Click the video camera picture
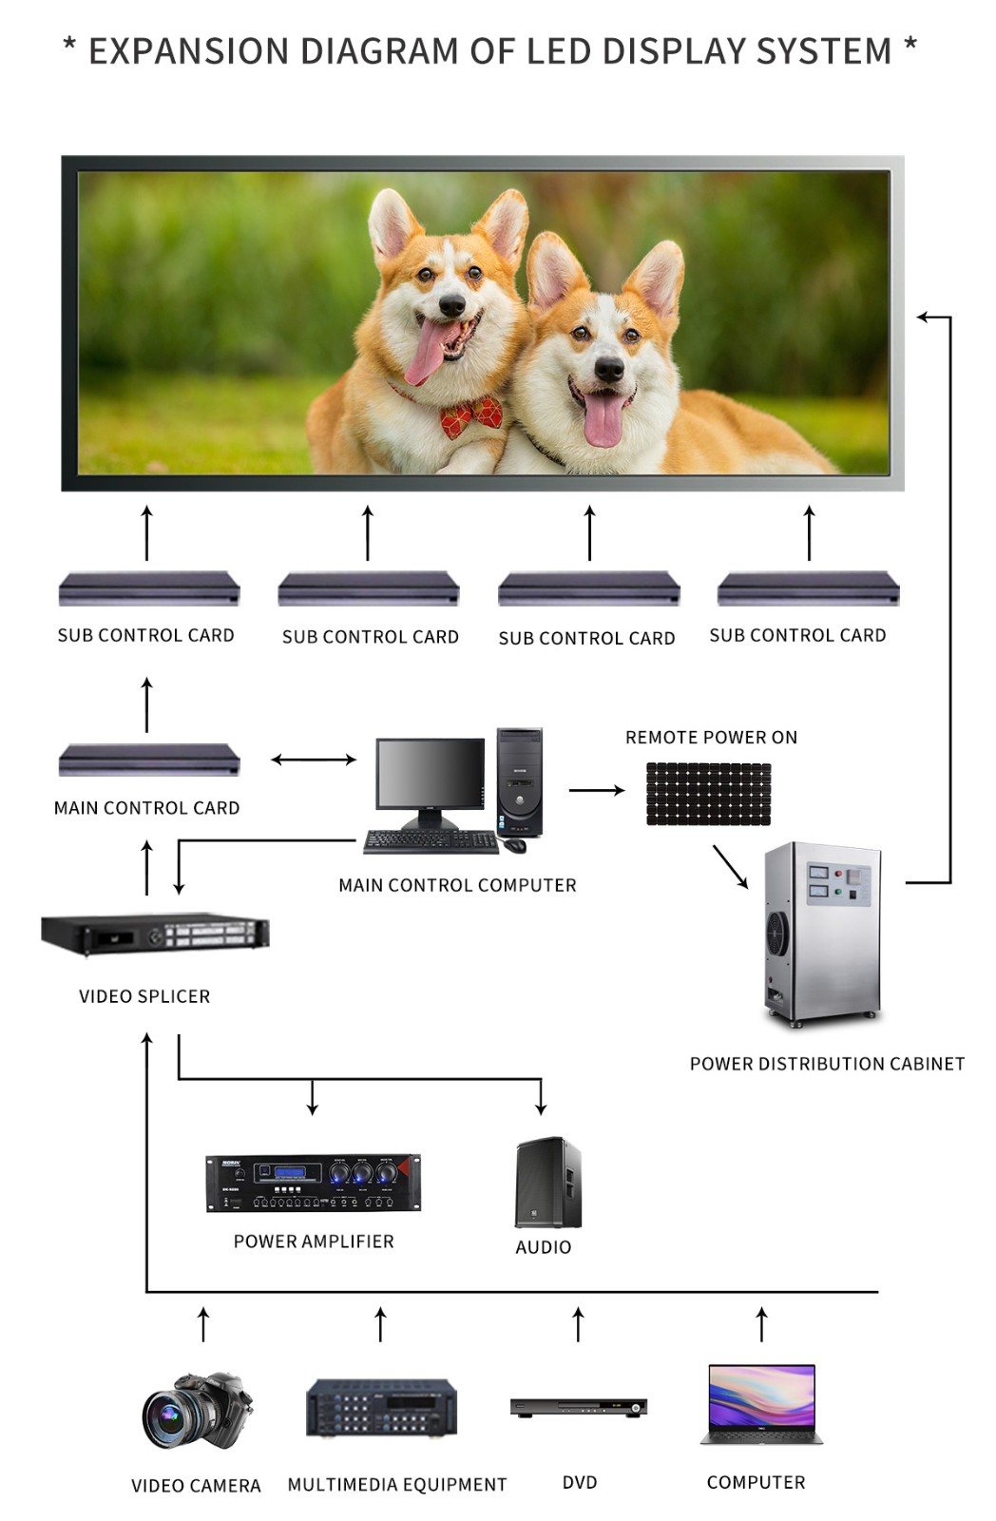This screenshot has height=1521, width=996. pyautogui.click(x=197, y=1410)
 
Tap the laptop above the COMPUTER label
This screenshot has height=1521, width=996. pyautogui.click(x=761, y=1404)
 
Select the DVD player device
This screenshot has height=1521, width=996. pyautogui.click(x=578, y=1407)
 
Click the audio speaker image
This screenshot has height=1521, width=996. pyautogui.click(x=547, y=1182)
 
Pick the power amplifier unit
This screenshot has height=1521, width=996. pyautogui.click(x=313, y=1182)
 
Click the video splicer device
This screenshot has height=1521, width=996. pyautogui.click(x=155, y=934)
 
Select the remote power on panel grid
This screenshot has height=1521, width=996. pyautogui.click(x=708, y=794)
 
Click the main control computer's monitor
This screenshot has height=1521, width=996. pyautogui.click(x=430, y=775)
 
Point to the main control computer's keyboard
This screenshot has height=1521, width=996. pyautogui.click(x=431, y=841)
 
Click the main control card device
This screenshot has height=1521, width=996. pyautogui.click(x=149, y=760)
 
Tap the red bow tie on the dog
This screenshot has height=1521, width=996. pyautogui.click(x=470, y=416)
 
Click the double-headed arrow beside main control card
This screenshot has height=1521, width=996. pyautogui.click(x=314, y=760)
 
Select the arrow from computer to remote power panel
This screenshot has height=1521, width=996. pyautogui.click(x=596, y=790)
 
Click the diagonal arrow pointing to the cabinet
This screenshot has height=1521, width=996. pyautogui.click(x=730, y=866)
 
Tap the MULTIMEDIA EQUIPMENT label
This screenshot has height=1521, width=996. pyautogui.click(x=397, y=1484)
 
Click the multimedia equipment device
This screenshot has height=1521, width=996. pyautogui.click(x=381, y=1408)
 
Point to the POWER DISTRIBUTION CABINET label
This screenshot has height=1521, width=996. pyautogui.click(x=827, y=1064)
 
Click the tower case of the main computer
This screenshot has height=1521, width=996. pyautogui.click(x=519, y=781)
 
